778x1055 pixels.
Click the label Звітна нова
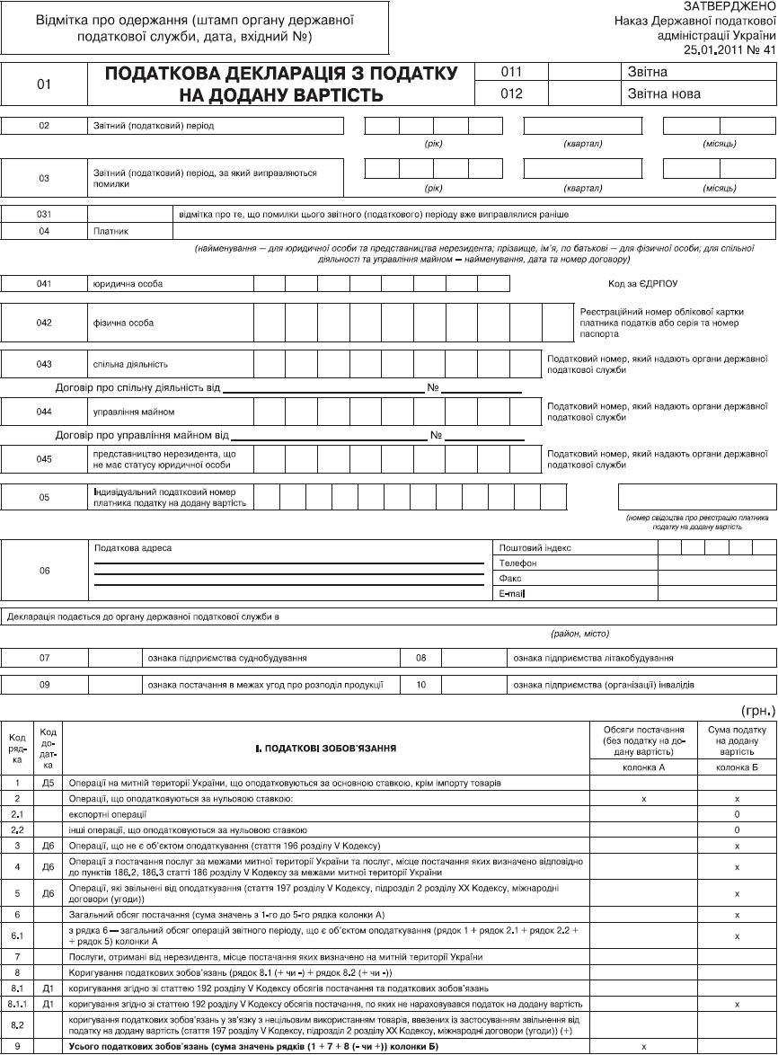coord(665,93)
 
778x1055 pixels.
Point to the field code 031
coord(44,215)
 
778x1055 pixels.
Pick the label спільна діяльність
coord(130,365)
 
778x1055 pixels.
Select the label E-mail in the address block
coord(511,594)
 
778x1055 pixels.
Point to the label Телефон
coord(517,563)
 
